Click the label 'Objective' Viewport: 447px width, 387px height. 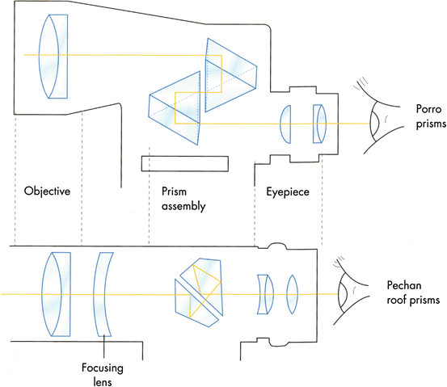tap(48, 192)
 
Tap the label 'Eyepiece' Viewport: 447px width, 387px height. tap(288, 192)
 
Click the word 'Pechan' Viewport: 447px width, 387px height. tap(409, 285)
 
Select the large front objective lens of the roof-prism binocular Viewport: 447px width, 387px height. tap(53, 292)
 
